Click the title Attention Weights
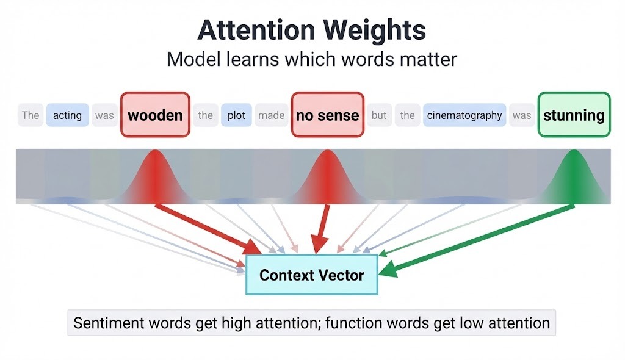(312, 30)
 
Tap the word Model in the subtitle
(187, 60)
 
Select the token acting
(67, 115)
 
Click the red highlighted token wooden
(155, 115)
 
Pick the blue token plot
(236, 115)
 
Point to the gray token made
(271, 115)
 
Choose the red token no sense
(327, 115)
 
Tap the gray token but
(379, 115)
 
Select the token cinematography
(464, 115)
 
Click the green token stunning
(574, 115)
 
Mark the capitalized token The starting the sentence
(31, 115)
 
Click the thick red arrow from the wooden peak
(208, 229)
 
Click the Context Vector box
(311, 275)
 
